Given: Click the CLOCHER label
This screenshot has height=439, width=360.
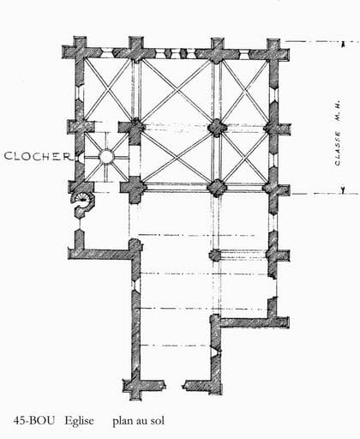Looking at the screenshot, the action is coord(38,156).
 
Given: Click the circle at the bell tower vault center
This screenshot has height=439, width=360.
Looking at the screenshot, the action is coord(106,157).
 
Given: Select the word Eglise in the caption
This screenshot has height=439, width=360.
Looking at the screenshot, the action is coord(79,420).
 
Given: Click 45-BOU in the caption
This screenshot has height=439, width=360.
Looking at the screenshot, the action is coord(34,420).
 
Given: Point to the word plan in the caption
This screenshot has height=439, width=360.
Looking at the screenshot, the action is coord(123,421).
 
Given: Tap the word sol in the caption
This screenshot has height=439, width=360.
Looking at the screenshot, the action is coord(158,420).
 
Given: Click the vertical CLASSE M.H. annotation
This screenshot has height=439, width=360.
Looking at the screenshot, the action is coord(338,134).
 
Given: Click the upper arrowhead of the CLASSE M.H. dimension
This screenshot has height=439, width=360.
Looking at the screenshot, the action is coord(344,44).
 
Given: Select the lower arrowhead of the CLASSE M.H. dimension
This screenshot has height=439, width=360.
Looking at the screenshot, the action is coord(343,190).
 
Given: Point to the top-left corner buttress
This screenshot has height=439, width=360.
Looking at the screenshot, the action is coord(76,51).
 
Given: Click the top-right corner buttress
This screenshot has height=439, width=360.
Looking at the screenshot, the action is coord(276,51).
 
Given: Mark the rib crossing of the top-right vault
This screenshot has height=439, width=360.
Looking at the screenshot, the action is coord(245,92).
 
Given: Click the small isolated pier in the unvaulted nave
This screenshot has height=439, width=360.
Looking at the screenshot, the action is coord(215,255).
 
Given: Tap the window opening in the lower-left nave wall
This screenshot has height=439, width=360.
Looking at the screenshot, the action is coord(135,286).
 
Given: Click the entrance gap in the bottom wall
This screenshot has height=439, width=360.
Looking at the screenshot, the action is coord(174,385).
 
